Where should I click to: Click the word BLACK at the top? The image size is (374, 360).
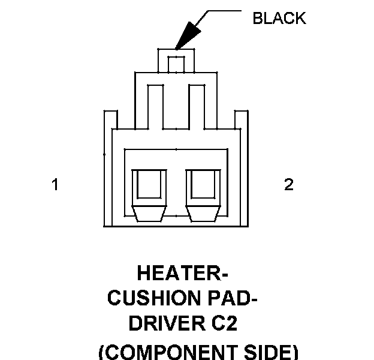click(x=279, y=19)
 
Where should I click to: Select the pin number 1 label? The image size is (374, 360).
click(x=55, y=185)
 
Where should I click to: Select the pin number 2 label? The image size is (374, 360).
click(x=288, y=185)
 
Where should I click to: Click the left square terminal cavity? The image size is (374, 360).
click(x=149, y=185)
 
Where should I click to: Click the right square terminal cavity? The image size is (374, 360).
click(x=203, y=185)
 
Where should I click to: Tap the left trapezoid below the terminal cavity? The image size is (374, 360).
click(x=149, y=214)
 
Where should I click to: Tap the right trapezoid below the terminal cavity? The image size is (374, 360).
click(x=203, y=214)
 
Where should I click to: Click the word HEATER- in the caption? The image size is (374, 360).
click(x=182, y=274)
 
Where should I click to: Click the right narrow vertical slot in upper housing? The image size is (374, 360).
click(x=197, y=106)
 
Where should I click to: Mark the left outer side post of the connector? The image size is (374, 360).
click(x=108, y=168)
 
